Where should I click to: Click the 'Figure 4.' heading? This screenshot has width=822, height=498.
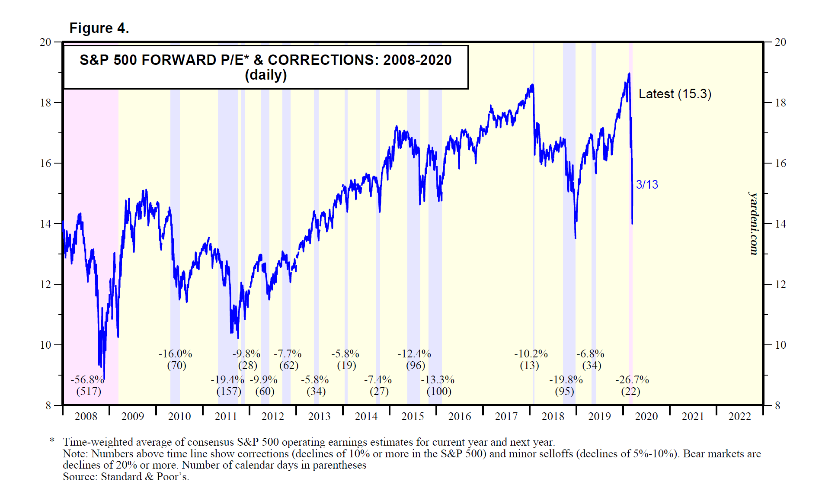99,28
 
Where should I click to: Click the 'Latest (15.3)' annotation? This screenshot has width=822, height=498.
675,94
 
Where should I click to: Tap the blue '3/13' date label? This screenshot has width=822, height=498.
647,184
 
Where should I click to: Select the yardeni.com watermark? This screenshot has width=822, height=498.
754,223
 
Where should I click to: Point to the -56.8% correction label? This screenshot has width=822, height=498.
87,380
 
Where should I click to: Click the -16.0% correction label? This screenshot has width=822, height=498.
175,354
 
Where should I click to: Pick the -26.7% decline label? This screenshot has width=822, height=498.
632,380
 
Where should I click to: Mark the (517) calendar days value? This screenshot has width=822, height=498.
89,392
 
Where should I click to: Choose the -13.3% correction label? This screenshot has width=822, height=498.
438,380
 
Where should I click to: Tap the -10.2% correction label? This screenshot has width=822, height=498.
531,354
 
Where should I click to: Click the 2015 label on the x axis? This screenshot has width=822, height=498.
413,416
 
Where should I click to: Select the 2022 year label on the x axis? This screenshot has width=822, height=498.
739,416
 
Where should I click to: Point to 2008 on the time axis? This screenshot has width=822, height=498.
86,416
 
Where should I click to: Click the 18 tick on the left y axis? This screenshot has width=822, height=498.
45,103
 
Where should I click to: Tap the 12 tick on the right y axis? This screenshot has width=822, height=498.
780,285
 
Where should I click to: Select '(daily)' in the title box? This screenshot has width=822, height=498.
265,75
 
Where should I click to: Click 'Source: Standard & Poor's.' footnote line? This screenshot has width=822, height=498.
126,477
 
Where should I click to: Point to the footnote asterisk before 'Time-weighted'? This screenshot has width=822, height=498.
52,441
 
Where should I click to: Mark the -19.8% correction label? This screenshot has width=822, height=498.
566,380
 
